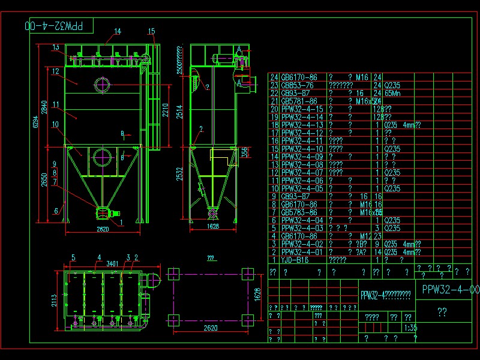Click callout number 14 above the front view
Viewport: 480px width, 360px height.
coord(118,31)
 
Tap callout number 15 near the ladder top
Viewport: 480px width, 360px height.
coord(151,31)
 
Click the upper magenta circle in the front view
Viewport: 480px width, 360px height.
coord(102,84)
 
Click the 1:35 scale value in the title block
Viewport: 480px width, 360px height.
coord(411,328)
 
